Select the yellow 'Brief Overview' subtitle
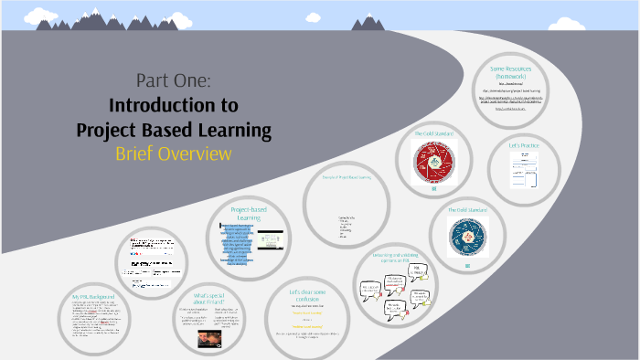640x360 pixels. pyautogui.click(x=174, y=154)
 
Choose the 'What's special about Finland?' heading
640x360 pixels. pyautogui.click(x=211, y=301)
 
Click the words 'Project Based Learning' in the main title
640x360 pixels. pyautogui.click(x=174, y=130)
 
